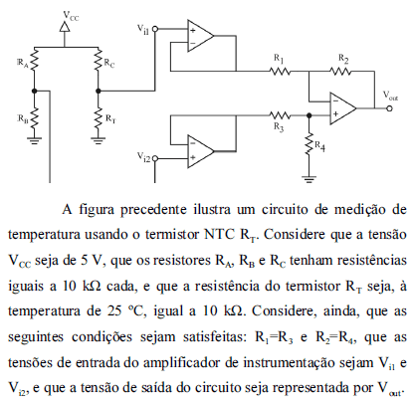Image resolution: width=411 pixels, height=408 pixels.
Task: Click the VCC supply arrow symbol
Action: click(x=65, y=27)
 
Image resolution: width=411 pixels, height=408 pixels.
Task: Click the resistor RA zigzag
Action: click(x=35, y=60)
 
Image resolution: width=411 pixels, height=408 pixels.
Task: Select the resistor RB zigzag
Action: click(x=35, y=118)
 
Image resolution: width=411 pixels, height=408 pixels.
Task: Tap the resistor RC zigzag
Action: click(x=98, y=60)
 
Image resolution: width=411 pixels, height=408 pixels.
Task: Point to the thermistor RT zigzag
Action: click(x=98, y=118)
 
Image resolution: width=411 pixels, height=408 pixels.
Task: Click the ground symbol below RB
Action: click(x=35, y=140)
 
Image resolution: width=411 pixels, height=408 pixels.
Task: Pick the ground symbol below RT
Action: click(x=98, y=140)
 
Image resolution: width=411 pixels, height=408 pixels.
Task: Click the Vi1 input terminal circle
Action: click(x=154, y=29)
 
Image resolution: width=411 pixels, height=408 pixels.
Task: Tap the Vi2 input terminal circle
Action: click(x=154, y=158)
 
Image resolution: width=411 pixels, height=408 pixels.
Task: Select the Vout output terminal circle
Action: click(x=389, y=108)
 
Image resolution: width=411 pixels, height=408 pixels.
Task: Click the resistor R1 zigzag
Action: click(x=280, y=71)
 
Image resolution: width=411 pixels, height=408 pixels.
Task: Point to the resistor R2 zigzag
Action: click(x=340, y=71)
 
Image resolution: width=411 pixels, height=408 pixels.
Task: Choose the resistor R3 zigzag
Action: click(x=280, y=115)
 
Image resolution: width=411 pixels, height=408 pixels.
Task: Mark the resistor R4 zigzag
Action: click(x=308, y=143)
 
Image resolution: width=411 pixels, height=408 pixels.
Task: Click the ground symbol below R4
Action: click(x=308, y=180)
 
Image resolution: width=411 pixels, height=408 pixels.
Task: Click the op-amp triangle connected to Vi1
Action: click(x=201, y=36)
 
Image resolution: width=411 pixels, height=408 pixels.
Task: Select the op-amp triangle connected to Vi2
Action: click(x=201, y=151)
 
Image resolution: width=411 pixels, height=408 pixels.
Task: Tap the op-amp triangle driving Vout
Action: click(x=343, y=108)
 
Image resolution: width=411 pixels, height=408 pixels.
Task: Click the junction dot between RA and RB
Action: click(x=35, y=91)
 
